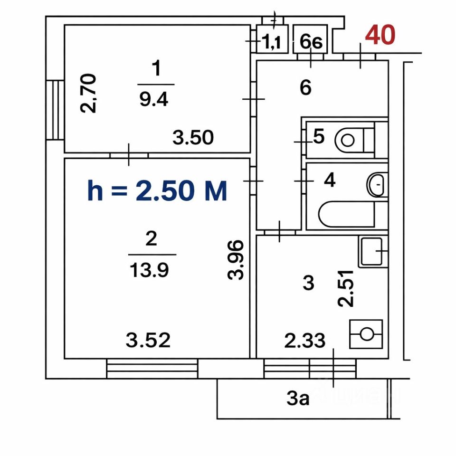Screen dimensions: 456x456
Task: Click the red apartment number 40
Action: (380, 36)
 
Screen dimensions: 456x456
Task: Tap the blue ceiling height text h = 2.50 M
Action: (157, 191)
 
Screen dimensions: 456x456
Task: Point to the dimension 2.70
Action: (89, 93)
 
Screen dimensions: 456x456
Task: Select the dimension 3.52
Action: (148, 340)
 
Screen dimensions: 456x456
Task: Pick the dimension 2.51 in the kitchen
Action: (347, 288)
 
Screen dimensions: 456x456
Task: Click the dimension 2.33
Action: (305, 340)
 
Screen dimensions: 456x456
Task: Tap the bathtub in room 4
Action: (346, 215)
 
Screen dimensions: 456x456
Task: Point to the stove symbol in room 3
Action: (366, 333)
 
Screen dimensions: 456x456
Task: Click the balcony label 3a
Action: (298, 399)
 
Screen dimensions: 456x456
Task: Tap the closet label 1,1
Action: (272, 43)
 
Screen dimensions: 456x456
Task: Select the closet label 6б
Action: (311, 43)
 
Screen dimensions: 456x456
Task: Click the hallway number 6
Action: (305, 87)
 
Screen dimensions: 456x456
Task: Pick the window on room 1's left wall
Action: (56, 110)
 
